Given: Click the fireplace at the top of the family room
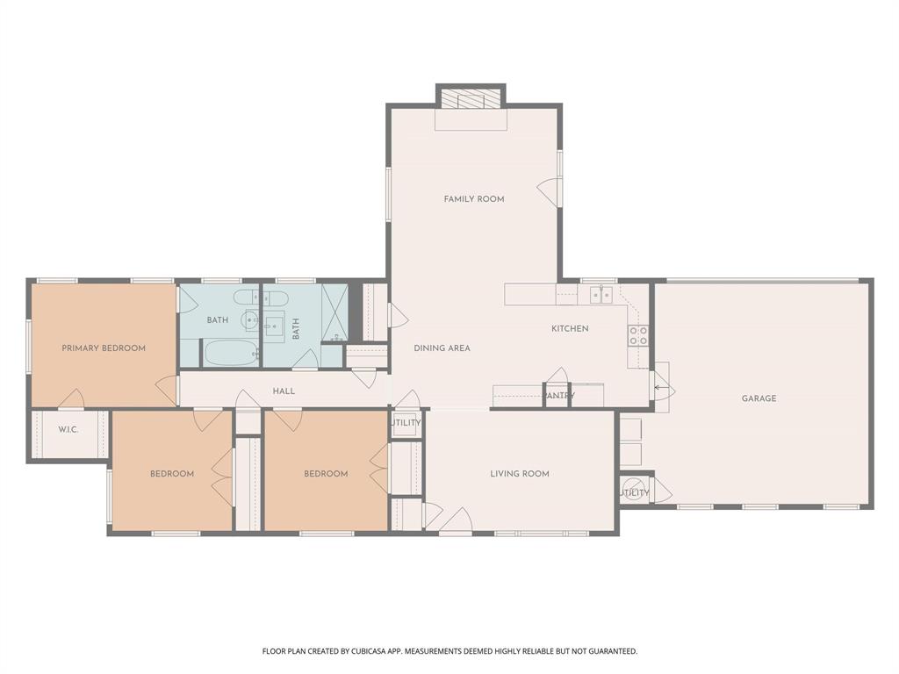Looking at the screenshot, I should coord(471,97).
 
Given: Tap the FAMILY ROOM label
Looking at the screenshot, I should coord(474,199).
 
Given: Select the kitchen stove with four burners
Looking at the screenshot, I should coord(637,335).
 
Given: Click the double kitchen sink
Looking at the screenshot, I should coord(601,295).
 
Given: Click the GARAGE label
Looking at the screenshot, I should coord(759,398).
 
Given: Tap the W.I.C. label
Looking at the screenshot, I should coord(69,430).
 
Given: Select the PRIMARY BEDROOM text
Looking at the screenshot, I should coord(104,348).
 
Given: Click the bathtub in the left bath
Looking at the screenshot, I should coord(230,355).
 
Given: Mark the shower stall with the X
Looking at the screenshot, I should coord(334,312).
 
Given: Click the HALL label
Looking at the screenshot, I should coord(284,391).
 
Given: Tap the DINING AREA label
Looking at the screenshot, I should coord(442,348).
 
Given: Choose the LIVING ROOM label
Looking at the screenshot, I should coord(520,474).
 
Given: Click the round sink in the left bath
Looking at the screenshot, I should coord(251,319).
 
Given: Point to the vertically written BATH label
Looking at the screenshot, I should coord(296,328).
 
